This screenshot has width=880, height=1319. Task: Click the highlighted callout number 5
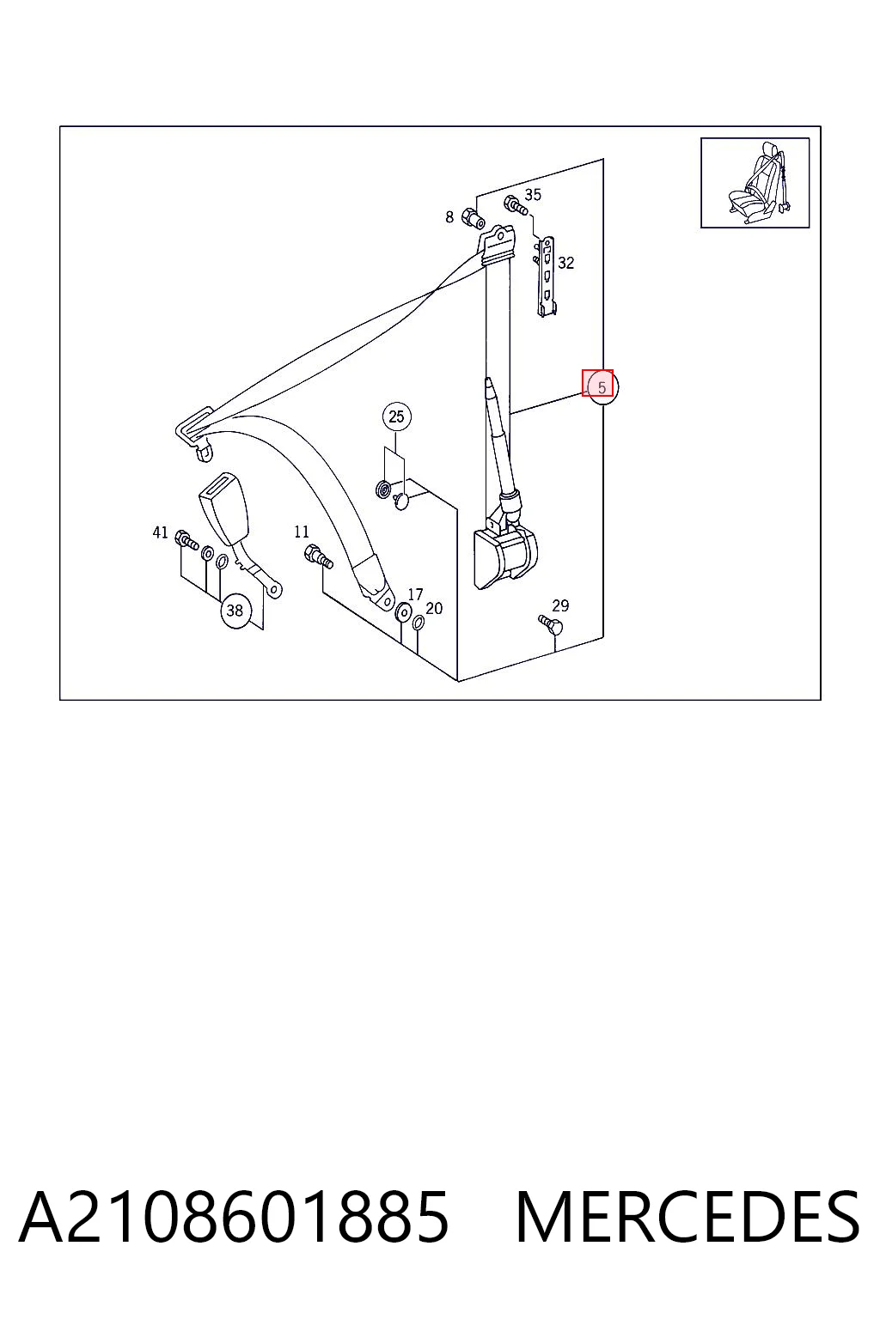602,388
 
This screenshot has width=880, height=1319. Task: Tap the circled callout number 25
397,416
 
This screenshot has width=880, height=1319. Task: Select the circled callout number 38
235,611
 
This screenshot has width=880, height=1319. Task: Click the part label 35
533,194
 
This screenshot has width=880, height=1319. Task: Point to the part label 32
565,263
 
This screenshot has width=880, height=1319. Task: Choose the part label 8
449,217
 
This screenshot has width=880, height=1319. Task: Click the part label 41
161,533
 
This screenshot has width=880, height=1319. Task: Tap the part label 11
302,532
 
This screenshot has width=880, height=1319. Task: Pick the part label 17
416,595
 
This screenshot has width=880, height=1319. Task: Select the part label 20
434,609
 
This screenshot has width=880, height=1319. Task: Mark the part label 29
560,605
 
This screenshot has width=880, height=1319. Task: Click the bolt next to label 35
516,206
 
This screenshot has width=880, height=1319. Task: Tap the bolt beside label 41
186,540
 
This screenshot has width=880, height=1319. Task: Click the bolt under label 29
551,624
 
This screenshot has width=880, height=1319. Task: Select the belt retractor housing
505,556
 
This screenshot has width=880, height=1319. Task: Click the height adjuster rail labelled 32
547,277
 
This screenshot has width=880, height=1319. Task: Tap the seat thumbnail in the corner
755,183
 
